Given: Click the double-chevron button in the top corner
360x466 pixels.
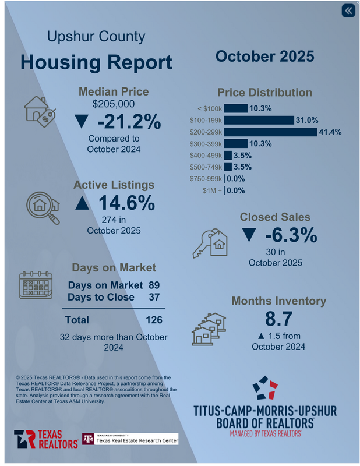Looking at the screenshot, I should click(348, 11).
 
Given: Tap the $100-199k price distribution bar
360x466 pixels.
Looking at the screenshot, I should click(259, 120).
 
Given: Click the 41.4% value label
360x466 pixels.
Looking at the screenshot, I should click(330, 132).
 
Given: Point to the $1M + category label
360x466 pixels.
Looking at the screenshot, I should click(212, 190).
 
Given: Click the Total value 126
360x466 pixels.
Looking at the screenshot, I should click(154, 320).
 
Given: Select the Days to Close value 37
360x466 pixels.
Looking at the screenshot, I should click(154, 297).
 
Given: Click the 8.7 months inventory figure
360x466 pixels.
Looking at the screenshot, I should click(278, 319).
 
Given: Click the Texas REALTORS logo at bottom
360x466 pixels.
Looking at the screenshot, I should click(46, 439).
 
